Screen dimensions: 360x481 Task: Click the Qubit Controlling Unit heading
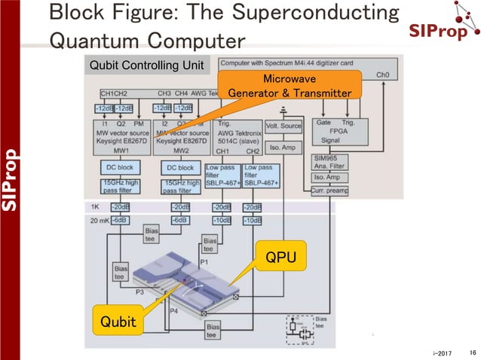tap(146, 65)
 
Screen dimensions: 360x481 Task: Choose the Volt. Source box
tap(283, 127)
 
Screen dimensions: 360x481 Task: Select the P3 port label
tap(139, 291)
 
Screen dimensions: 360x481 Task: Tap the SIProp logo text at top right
tap(441, 31)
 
